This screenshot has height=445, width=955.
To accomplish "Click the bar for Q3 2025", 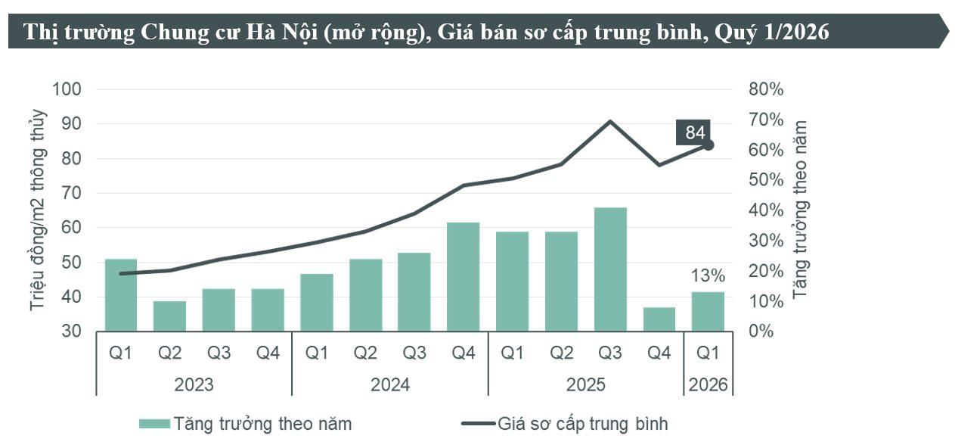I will click(x=610, y=269).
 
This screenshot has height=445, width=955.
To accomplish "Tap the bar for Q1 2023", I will click(x=121, y=295).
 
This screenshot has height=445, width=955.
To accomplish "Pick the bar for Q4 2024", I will click(x=464, y=277).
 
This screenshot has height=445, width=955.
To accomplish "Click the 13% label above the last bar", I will click(x=708, y=275).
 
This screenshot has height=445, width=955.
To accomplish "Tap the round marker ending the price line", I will click(x=708, y=145).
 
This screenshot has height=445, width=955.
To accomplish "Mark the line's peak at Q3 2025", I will click(x=610, y=121).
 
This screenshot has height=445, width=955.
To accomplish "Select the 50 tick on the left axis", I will click(x=73, y=263).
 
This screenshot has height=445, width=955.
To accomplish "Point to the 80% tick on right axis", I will click(x=766, y=89).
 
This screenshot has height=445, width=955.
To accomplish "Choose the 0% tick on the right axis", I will click(x=761, y=331).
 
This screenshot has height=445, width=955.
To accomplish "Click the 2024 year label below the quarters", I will click(x=389, y=384).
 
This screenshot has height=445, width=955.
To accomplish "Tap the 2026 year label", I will click(x=708, y=384).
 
